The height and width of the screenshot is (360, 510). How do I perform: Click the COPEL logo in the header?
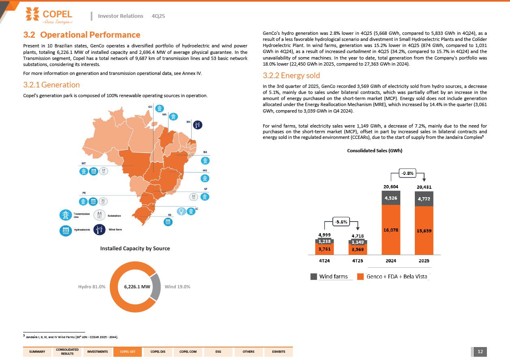49,15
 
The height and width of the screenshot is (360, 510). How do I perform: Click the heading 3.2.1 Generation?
51,85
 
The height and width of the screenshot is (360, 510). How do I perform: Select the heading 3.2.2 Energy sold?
291,75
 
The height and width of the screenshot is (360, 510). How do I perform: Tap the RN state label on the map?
188,121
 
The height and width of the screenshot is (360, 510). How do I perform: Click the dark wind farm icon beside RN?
197,125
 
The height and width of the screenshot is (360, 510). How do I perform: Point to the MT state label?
83,163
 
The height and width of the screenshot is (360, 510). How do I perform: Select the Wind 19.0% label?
177,287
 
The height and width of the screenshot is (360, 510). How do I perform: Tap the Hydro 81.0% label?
92,287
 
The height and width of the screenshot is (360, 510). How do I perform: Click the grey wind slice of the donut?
156,286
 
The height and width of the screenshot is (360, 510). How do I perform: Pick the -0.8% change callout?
407,174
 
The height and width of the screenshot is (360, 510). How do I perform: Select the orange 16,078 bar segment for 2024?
391,230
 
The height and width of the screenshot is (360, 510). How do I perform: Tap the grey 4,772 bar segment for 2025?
424,199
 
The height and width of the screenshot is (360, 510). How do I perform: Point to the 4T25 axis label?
357,261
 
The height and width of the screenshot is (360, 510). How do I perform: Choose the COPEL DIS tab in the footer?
158,351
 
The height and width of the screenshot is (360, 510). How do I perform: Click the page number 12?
480,351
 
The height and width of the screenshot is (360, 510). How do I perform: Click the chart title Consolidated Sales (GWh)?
375,151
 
